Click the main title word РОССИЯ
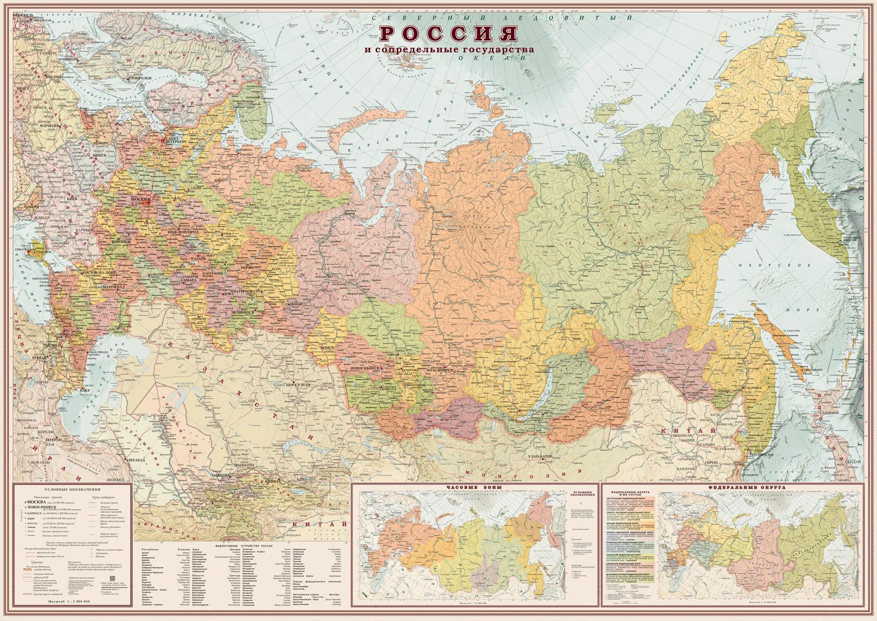coord(448,34)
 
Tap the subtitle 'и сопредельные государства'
coord(449,50)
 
